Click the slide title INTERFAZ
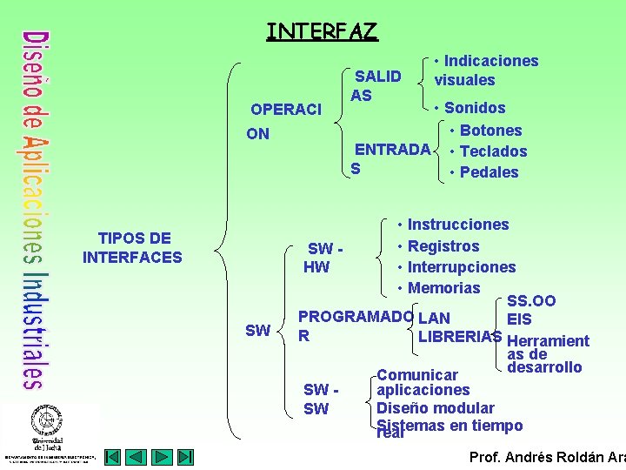(x=322, y=32)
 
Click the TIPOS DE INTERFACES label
(x=133, y=247)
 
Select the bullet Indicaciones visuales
(x=486, y=70)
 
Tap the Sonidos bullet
(x=474, y=108)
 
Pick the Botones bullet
(x=490, y=131)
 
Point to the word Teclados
(x=493, y=151)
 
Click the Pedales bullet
(x=489, y=172)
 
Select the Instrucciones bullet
(x=457, y=225)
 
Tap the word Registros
(x=443, y=246)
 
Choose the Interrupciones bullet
(x=461, y=267)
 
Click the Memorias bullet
(x=443, y=288)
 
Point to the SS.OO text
(x=531, y=301)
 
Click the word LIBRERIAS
(x=460, y=336)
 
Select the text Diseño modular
(x=435, y=408)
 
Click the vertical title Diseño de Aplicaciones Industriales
(x=34, y=209)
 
